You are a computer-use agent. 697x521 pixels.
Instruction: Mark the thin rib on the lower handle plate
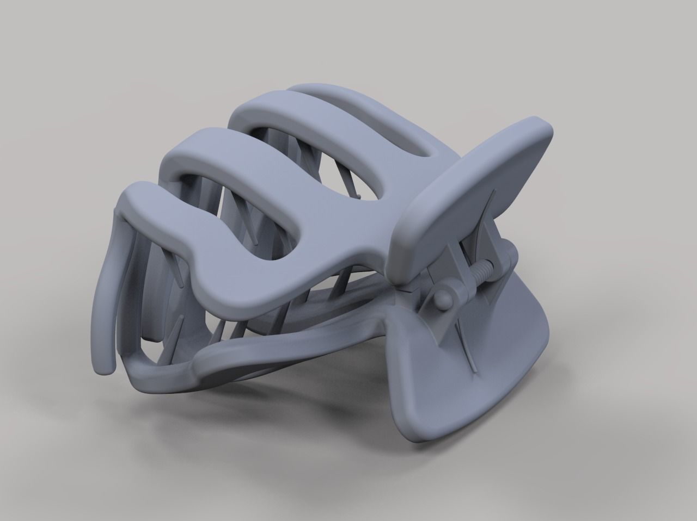[463, 348]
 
